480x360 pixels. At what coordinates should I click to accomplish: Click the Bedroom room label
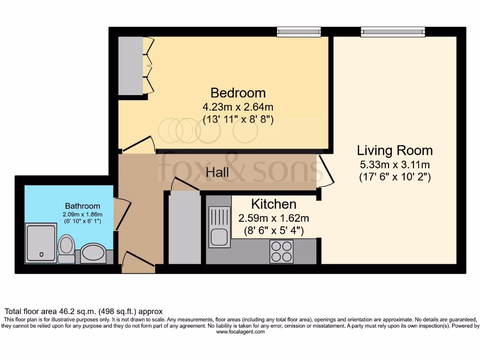point(238,92)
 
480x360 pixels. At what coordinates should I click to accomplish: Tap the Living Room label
point(395,150)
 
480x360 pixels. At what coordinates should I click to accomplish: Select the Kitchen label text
point(274,204)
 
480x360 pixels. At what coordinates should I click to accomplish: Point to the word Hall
point(217,172)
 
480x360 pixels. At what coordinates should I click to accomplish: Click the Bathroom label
point(82,206)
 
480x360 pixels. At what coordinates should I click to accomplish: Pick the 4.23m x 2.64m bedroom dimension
point(238,106)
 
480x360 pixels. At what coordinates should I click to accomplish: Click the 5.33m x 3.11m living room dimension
point(395,165)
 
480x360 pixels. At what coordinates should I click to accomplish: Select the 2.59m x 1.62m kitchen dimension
point(274,218)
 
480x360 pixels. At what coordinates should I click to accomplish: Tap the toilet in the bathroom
point(66,248)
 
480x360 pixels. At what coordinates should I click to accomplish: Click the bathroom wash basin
point(93,253)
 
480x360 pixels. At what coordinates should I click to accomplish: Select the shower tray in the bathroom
point(41,243)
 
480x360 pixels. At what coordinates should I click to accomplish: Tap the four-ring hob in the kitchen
point(281,251)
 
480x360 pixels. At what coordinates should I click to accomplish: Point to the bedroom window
point(299,31)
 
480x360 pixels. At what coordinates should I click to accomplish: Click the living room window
point(393,31)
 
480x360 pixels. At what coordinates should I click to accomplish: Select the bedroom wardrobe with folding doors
point(131,66)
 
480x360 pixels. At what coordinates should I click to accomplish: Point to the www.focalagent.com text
point(240,332)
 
